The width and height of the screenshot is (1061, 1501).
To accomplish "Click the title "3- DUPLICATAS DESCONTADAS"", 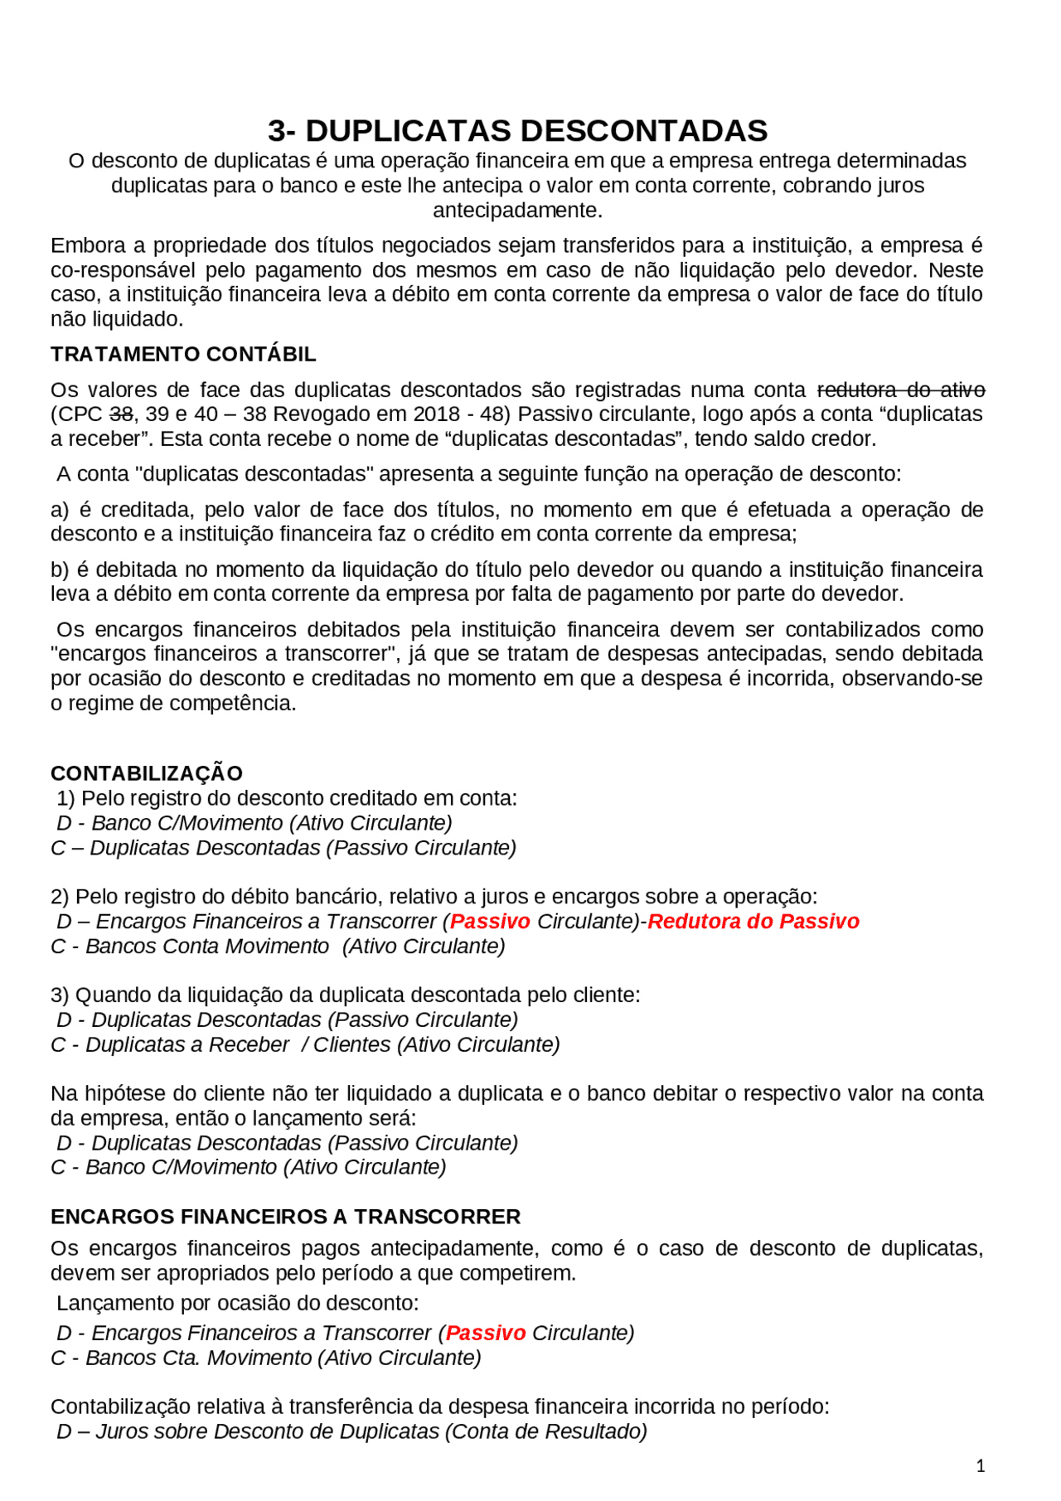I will click(517, 131).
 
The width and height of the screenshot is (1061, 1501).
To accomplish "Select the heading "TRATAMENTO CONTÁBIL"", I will click(183, 354).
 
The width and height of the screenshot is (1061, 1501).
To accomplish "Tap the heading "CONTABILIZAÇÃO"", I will click(147, 773).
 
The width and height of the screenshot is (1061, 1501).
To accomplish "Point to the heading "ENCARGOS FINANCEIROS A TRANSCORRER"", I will click(285, 1217).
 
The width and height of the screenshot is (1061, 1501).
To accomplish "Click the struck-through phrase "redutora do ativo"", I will click(901, 390).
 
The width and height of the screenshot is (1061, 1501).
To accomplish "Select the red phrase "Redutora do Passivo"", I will click(753, 922).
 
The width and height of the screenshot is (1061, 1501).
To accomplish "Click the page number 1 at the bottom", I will click(981, 1466).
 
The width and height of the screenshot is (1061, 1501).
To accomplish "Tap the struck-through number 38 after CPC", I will click(121, 414).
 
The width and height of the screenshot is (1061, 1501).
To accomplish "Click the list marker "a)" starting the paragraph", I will click(60, 510).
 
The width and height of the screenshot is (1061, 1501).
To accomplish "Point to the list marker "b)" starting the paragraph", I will click(60, 570).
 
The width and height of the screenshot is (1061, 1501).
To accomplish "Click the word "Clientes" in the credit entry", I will click(351, 1045).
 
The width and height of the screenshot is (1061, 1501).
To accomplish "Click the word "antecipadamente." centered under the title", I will click(517, 211).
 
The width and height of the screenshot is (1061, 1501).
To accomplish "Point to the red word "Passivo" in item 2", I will click(490, 922).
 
